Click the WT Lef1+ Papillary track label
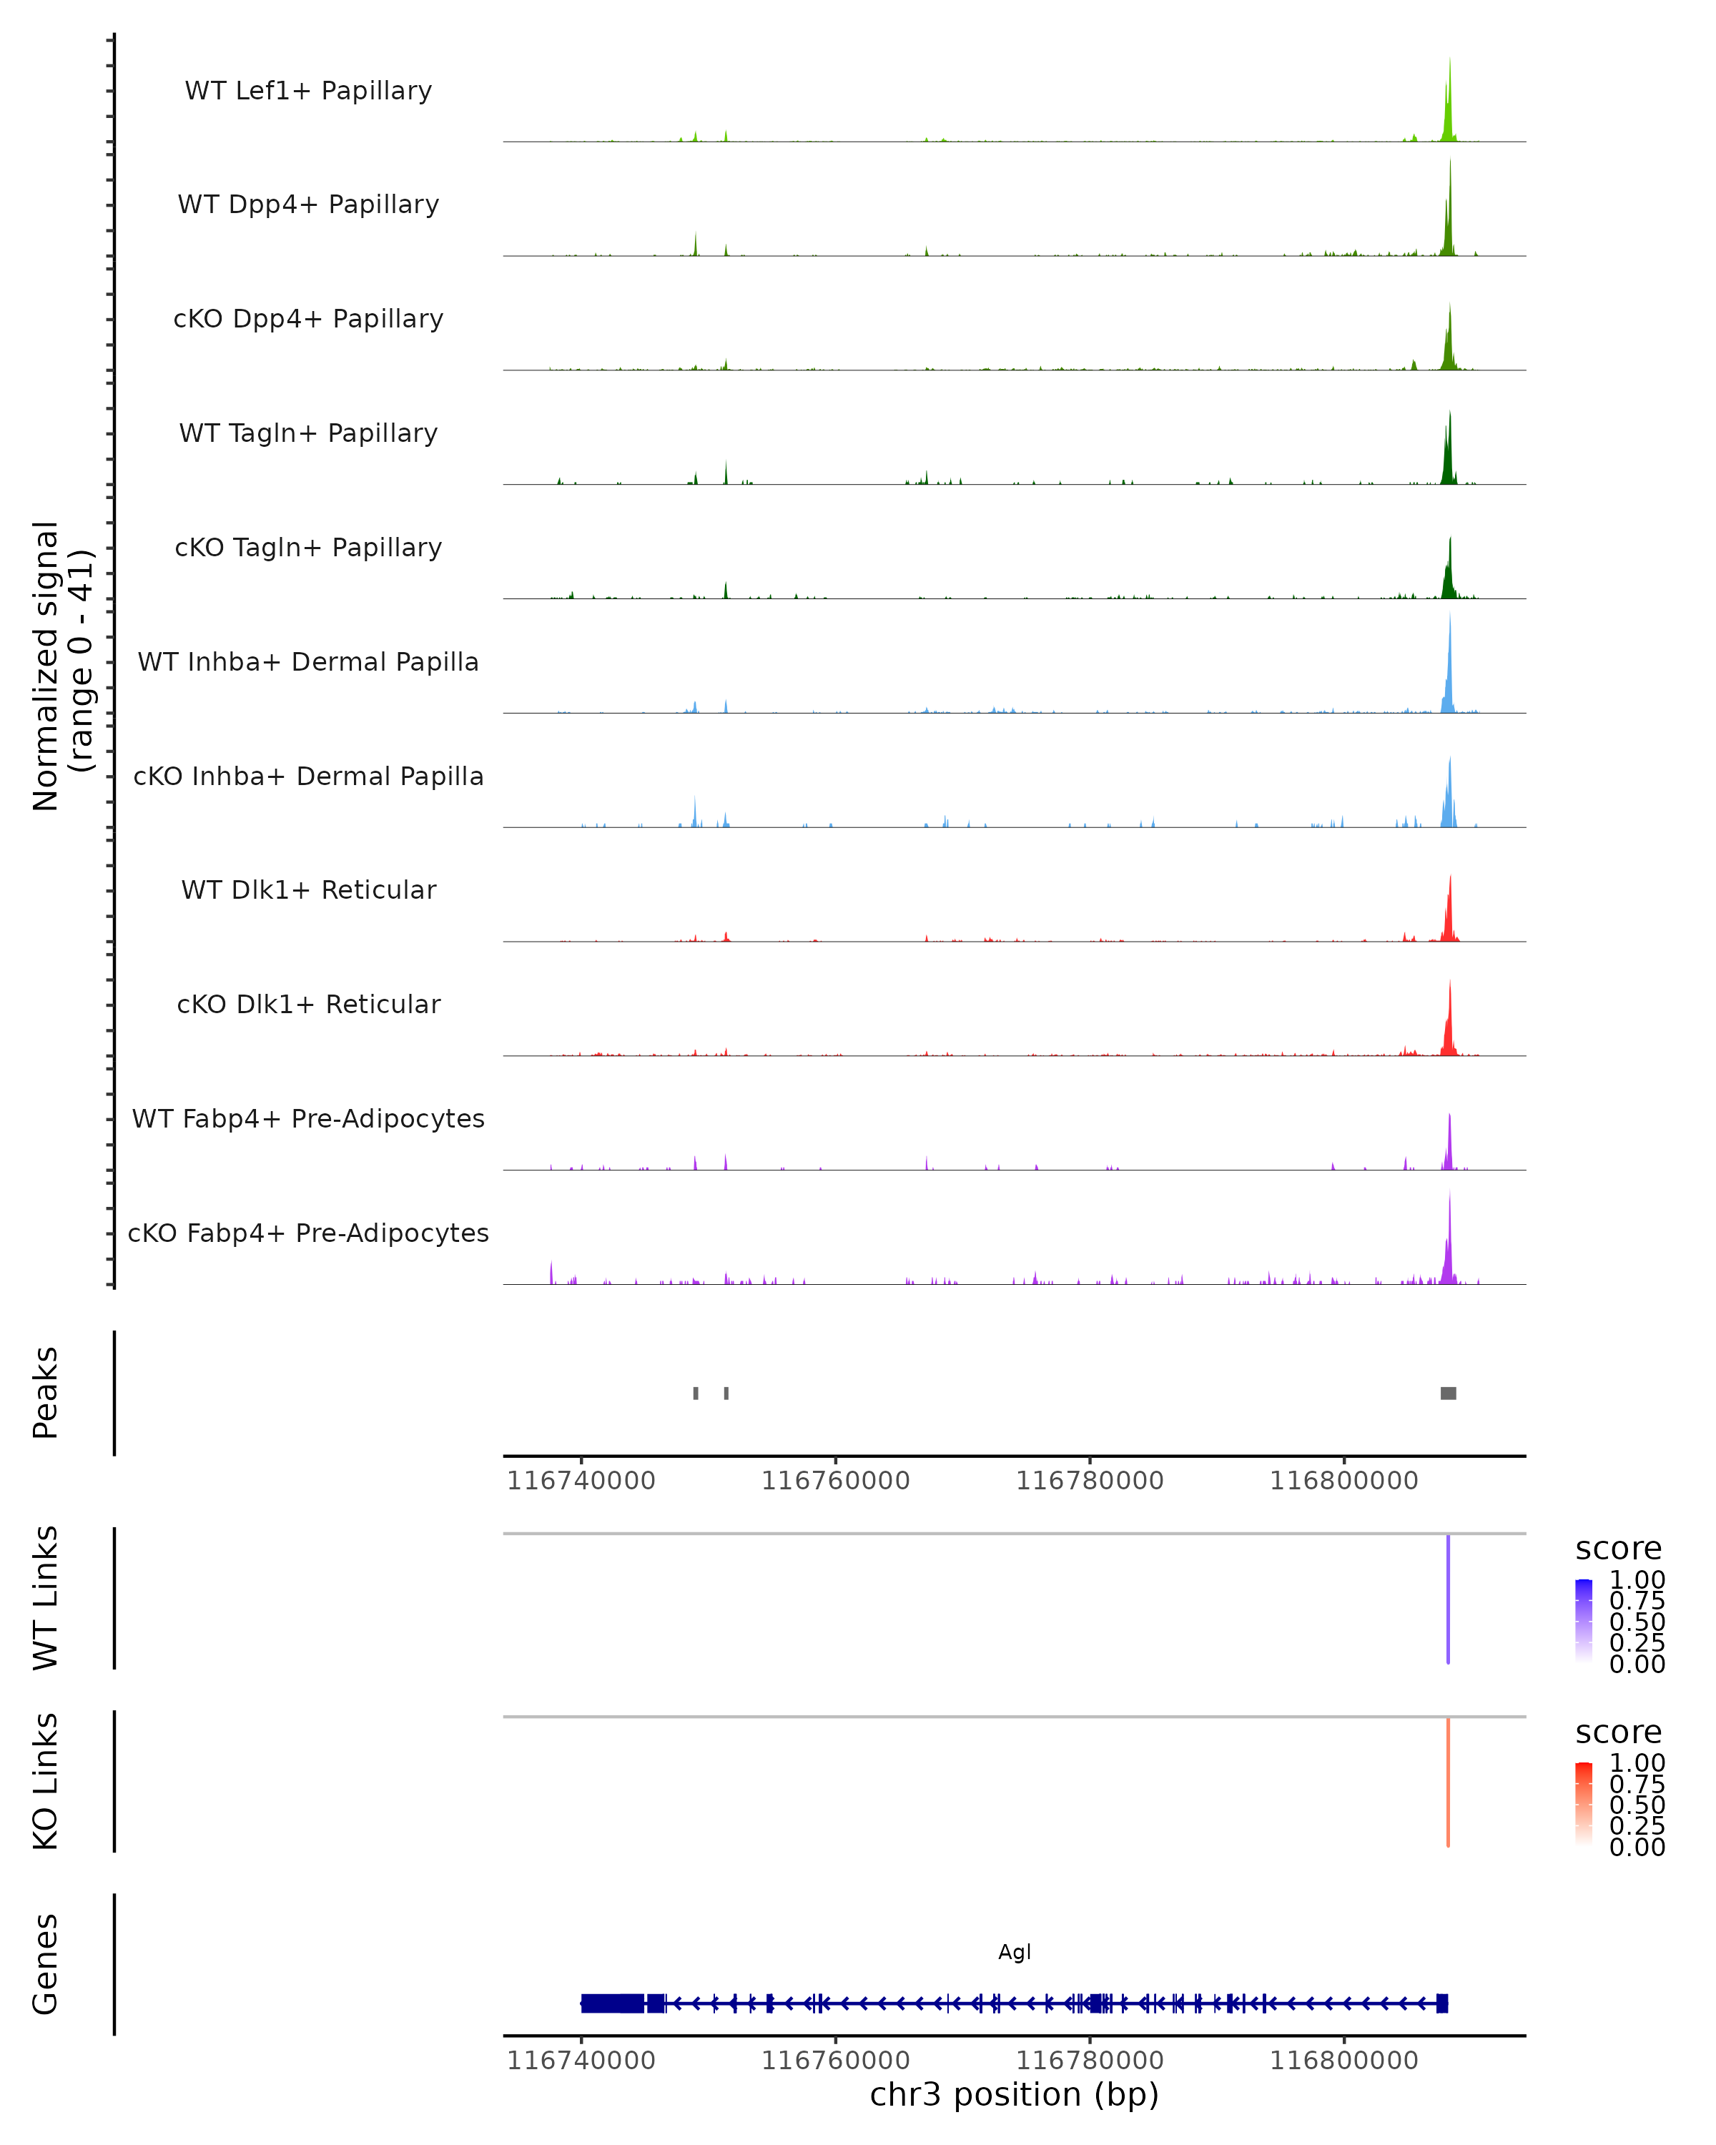pos(308,91)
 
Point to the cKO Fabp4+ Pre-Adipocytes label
pos(308,1233)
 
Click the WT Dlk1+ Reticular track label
pos(308,889)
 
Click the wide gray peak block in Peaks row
pos(1449,1393)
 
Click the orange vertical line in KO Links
pos(1449,1782)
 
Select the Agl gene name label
pos(1015,1952)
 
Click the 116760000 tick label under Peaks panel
pos(836,1481)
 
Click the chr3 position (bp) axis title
pos(1015,2095)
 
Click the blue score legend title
pos(1619,1549)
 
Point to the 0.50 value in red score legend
pos(1637,1805)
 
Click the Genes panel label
pos(46,1964)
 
